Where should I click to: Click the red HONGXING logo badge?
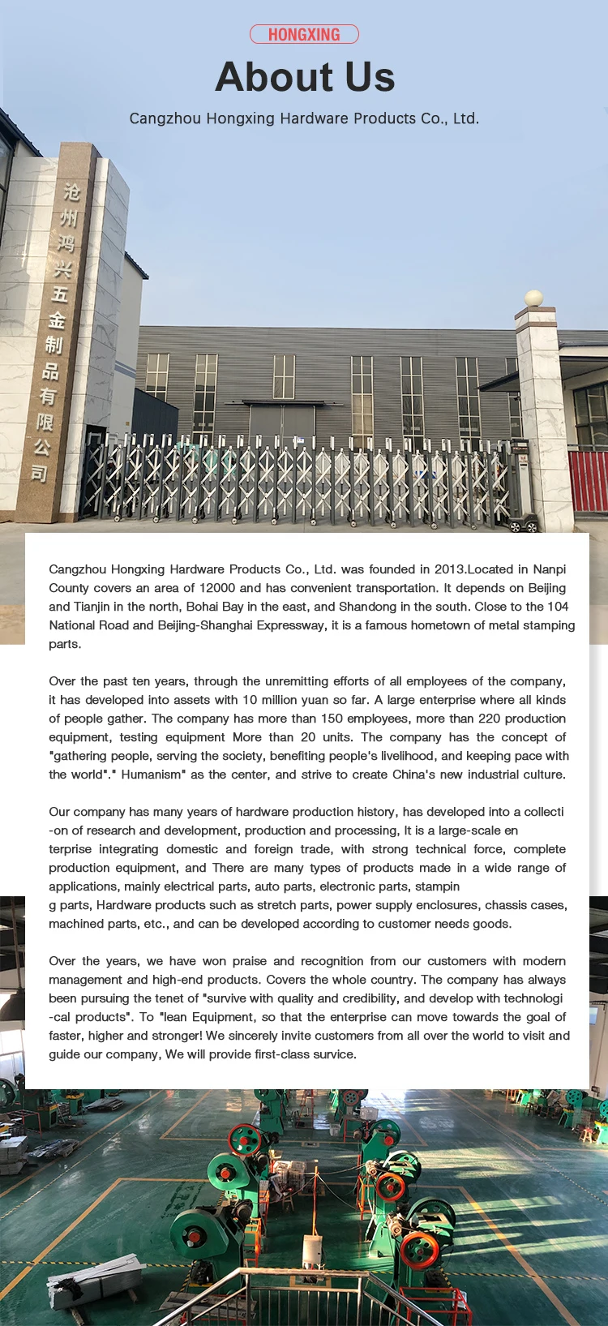coord(304,34)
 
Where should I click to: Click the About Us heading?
coord(305,77)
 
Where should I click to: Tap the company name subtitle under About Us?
coord(304,118)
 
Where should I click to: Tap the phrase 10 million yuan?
coord(284,700)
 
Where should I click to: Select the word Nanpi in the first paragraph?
coord(550,569)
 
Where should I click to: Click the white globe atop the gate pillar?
coord(533,298)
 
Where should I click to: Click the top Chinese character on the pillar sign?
coord(72,191)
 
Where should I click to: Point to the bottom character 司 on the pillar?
coord(40,472)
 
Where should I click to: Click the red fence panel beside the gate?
coord(588,480)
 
